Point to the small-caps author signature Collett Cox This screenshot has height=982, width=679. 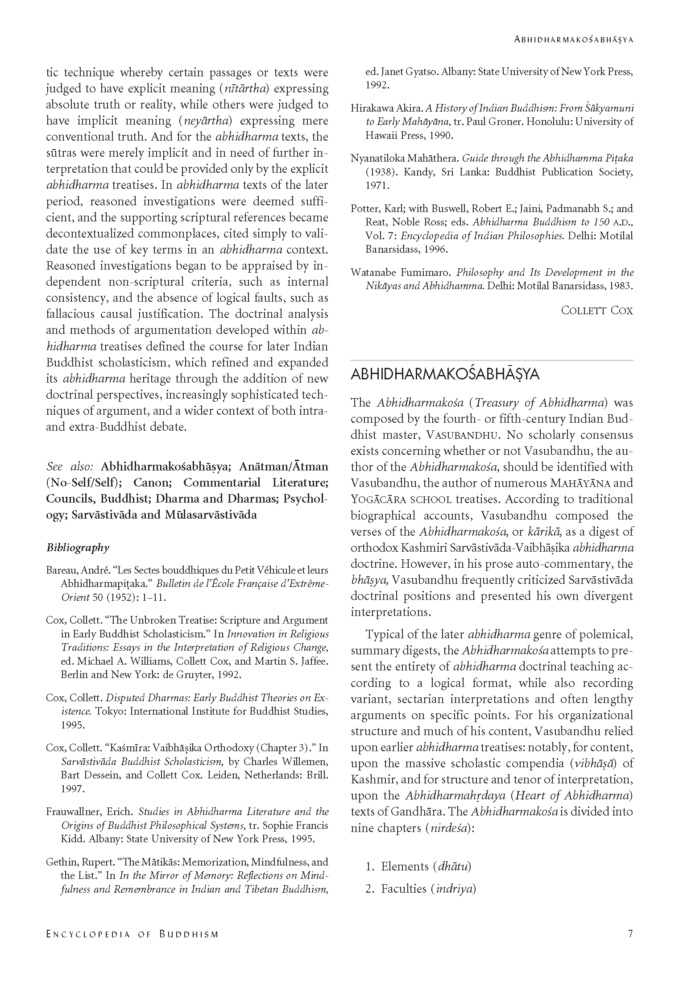coord(596,311)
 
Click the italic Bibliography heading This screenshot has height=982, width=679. coord(78,547)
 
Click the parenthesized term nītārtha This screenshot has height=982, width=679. coord(244,89)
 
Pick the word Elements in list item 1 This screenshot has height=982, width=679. coord(404,866)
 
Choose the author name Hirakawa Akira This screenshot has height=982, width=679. coord(386,108)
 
